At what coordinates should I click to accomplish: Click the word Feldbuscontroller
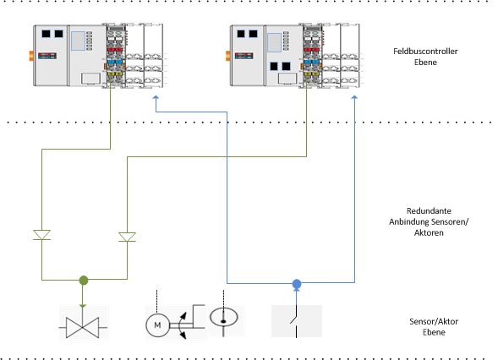coord(425,51)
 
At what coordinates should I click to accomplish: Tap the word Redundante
coord(429,210)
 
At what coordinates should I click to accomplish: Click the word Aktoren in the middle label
coord(429,232)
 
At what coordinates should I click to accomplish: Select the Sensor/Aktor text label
coord(434,321)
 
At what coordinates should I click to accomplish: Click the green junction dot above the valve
coord(84,280)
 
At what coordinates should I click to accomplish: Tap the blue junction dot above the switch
coord(297,283)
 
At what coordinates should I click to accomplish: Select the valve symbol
coord(83,327)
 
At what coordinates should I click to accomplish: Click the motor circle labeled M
coord(157,325)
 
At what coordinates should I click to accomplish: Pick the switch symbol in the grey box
coord(296,321)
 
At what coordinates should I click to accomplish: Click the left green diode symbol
coord(42,235)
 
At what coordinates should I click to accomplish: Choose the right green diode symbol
coord(127,237)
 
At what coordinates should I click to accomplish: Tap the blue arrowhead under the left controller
coord(156,98)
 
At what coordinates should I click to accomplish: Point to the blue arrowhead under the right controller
coord(354,98)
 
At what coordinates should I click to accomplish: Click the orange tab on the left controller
coord(31,56)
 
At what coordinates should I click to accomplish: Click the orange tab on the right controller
coord(227,56)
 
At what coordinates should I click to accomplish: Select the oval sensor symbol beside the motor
coord(223,317)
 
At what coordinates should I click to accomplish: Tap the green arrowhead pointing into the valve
coord(83,307)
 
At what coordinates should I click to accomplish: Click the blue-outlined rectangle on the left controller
coord(78,41)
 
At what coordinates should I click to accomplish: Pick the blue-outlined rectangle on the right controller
coord(274,42)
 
